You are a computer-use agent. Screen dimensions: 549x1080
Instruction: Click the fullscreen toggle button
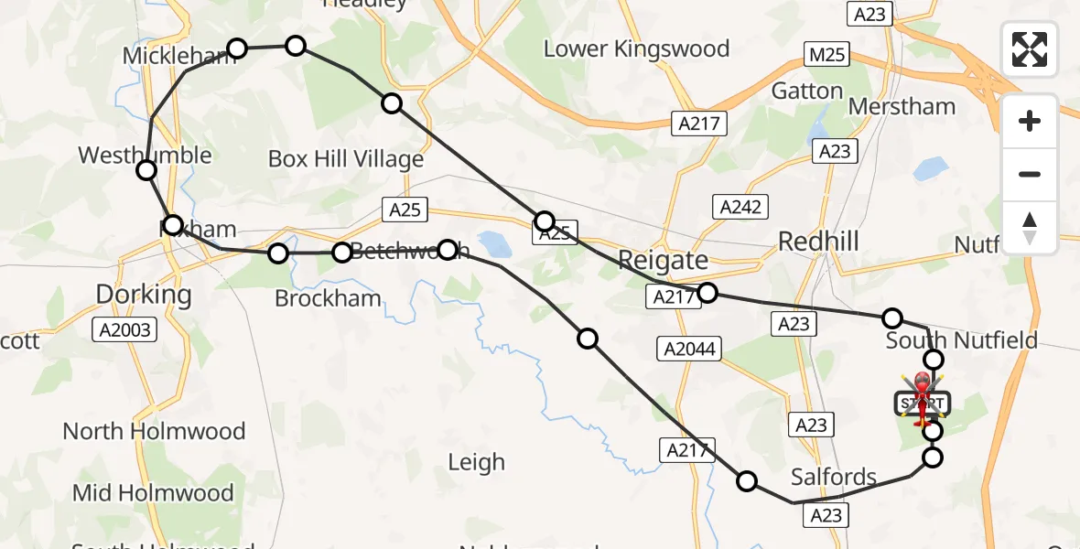tap(1030, 49)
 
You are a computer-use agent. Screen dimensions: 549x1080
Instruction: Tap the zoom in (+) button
tap(1030, 121)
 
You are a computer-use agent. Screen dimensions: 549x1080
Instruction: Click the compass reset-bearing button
tap(1030, 228)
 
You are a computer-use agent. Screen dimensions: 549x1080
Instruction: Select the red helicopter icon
tap(923, 394)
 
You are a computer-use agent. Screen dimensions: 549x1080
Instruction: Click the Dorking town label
tap(144, 295)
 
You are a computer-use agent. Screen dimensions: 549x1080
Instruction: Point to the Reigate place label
tap(663, 260)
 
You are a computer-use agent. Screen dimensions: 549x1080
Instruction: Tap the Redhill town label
tap(818, 242)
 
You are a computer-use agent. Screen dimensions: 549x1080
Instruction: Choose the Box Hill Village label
tap(345, 159)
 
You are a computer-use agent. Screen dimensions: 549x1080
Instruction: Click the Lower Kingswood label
tap(636, 48)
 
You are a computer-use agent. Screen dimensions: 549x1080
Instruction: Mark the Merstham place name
tap(902, 106)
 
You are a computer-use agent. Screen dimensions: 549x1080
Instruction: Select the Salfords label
tap(834, 477)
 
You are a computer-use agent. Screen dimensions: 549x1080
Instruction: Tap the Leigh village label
tap(476, 462)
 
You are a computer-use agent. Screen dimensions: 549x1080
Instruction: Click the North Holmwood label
tap(154, 430)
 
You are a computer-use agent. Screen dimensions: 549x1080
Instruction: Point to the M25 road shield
tap(827, 55)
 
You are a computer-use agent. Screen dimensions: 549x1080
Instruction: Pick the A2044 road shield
tap(690, 349)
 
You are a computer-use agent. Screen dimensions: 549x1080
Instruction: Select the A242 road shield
tap(740, 207)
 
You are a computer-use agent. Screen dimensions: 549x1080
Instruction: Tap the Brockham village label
tap(328, 298)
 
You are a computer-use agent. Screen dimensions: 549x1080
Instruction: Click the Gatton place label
tap(806, 91)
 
